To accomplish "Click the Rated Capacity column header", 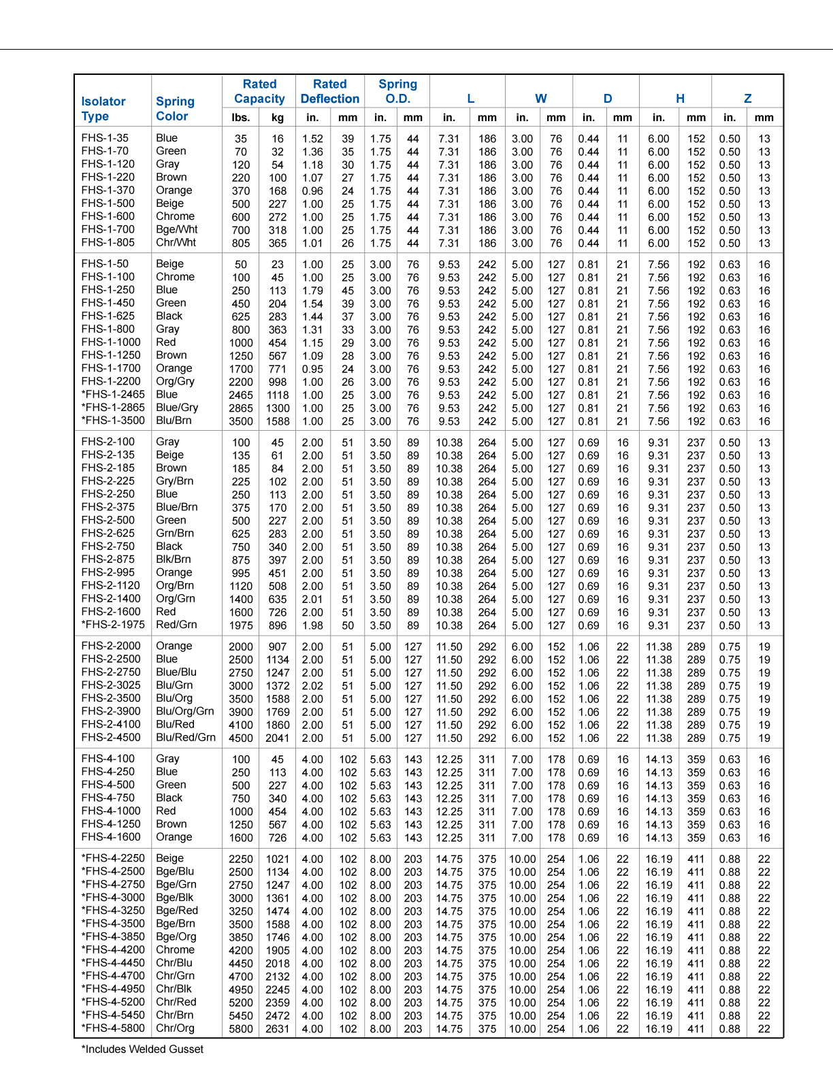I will point(259,91).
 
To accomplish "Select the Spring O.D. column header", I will point(397,91).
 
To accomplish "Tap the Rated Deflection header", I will point(330,91).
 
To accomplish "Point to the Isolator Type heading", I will point(103,108).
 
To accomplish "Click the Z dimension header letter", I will point(747,99).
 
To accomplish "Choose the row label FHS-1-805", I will point(108,242).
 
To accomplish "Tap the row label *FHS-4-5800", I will point(113,1028).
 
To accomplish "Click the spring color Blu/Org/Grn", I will point(185,711).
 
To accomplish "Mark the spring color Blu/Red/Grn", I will point(186,737).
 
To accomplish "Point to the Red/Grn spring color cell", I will point(176,624).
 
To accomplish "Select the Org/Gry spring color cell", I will point(175,381).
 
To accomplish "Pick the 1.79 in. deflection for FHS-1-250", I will point(312,290).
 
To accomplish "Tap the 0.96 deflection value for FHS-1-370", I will point(312,191).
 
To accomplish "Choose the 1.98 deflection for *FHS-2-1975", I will point(312,625).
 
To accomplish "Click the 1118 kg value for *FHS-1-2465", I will point(278,395).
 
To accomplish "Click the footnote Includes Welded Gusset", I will point(143,1049).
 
